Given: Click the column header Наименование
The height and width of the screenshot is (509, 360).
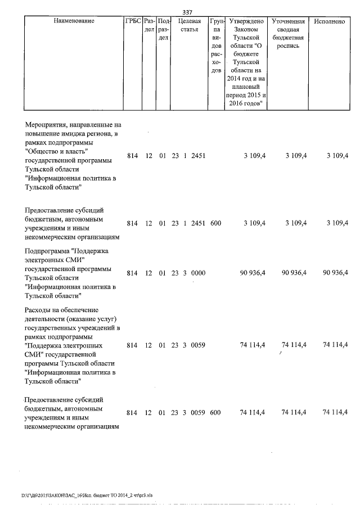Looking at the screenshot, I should coord(74,21).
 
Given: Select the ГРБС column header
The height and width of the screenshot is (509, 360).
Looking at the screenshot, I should coord(133,21).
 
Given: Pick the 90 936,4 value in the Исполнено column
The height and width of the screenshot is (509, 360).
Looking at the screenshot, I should coord(336,273).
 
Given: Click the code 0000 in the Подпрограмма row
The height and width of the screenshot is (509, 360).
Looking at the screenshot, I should coord(199,273).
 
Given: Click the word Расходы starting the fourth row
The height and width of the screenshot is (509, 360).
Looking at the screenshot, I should coord(40,309).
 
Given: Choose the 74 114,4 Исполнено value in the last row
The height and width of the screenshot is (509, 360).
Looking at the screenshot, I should coord(336,413).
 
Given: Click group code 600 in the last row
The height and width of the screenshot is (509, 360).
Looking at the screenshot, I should coord(215,413).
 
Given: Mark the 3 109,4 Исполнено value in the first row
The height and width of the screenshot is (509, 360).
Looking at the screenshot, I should coord(338,156).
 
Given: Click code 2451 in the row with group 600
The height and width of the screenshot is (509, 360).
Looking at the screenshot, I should coord(199,223).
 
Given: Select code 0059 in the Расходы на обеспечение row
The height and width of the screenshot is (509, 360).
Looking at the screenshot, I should coord(199,345).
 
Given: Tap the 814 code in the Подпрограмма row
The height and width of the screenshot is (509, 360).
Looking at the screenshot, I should coord(132,273).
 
